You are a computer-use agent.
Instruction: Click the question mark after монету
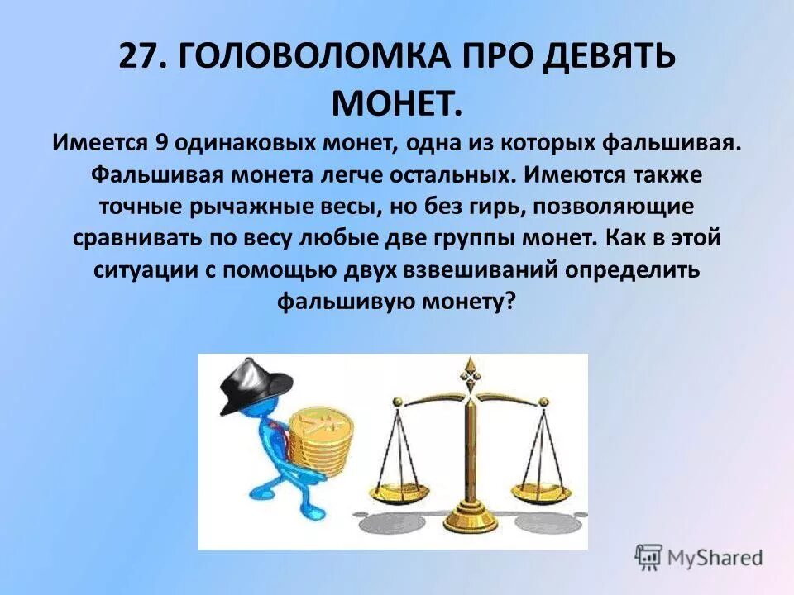coord(510,302)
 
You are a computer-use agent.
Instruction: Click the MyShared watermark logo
coord(699,556)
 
